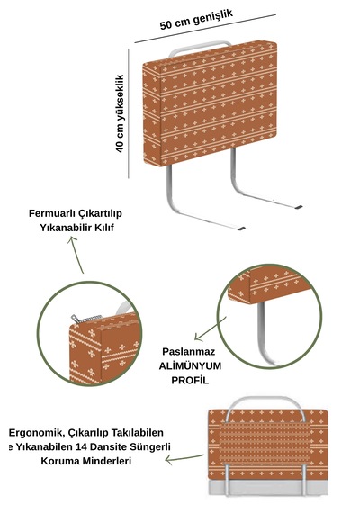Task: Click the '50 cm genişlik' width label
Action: coord(196,19)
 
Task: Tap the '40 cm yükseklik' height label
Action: coord(120,113)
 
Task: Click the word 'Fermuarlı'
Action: coord(53,213)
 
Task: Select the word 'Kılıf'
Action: coord(104,228)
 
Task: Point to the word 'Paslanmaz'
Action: coord(189,351)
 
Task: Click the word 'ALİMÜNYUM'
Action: coord(190,365)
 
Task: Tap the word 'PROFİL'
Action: coord(190,380)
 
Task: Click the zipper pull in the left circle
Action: coord(75,318)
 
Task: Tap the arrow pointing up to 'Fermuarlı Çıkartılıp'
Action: coord(76,255)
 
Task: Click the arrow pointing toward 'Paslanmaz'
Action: coord(210,328)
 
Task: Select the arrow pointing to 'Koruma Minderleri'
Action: coord(184,458)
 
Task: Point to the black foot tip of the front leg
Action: coord(241,229)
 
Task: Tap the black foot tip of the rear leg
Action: coord(298,207)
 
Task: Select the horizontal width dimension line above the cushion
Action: coord(205,29)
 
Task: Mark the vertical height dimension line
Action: coord(129,113)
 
